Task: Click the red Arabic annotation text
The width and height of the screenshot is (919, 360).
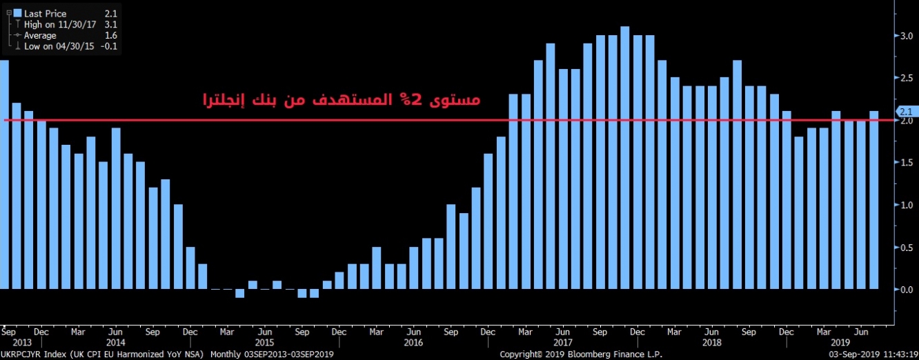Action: pyautogui.click(x=341, y=99)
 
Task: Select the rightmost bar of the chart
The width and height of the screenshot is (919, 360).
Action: pyautogui.click(x=873, y=199)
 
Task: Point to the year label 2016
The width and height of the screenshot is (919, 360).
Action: pyautogui.click(x=413, y=342)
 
